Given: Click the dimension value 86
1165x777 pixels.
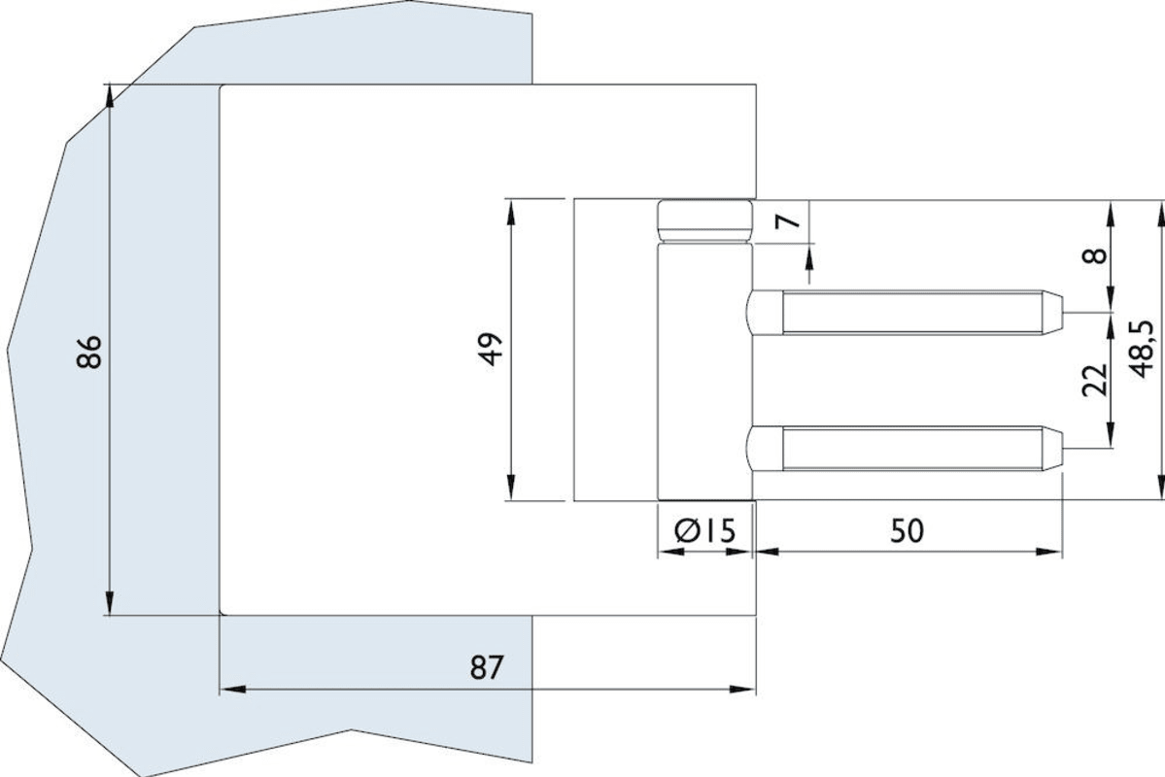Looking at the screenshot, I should [x=88, y=352].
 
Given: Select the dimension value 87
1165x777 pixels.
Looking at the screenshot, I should [x=487, y=668].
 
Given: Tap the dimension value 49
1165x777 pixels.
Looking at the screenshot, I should [x=493, y=349].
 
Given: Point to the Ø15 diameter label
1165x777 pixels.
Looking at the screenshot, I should [x=704, y=530].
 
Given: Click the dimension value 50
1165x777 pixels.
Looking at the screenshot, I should [x=907, y=530].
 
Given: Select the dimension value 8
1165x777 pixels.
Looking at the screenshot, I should [x=1095, y=255].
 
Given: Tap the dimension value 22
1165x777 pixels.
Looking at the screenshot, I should [x=1095, y=380].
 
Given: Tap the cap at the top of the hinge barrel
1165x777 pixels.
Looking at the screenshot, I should [x=704, y=220].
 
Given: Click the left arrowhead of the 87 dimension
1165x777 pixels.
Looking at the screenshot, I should [x=229, y=690].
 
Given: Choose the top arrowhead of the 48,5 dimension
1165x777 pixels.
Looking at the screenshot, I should [x=1156, y=208].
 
